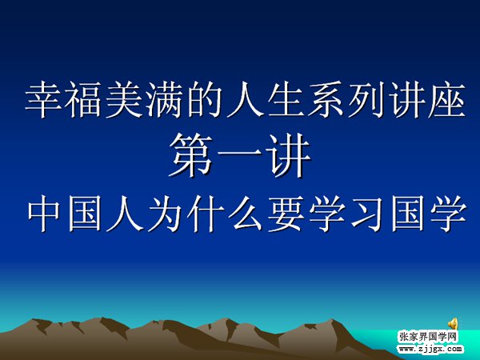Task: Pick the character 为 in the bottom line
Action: (x=164, y=213)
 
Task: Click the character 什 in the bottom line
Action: (x=205, y=213)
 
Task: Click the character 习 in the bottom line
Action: (x=366, y=213)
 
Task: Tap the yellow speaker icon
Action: (x=454, y=323)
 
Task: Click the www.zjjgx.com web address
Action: (x=430, y=349)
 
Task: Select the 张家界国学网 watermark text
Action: (x=428, y=337)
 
